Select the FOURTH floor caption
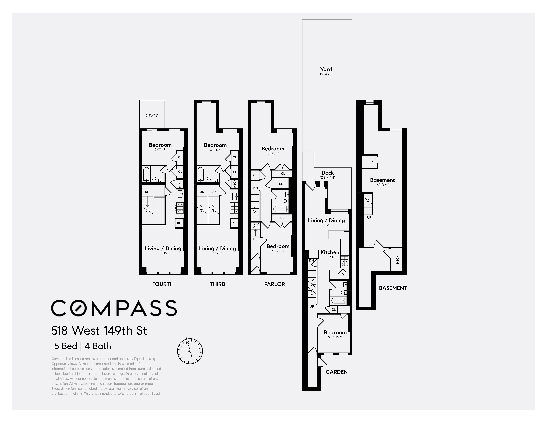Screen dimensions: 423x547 [163, 284]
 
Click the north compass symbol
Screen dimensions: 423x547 [190, 351]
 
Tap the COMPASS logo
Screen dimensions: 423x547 [114, 308]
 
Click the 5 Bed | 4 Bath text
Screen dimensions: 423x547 [83, 346]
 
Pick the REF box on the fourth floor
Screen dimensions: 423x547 [180, 223]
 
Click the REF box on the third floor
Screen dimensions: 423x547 [234, 223]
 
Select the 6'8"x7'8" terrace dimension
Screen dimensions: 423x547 [152, 116]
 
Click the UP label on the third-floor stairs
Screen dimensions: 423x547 [213, 192]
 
